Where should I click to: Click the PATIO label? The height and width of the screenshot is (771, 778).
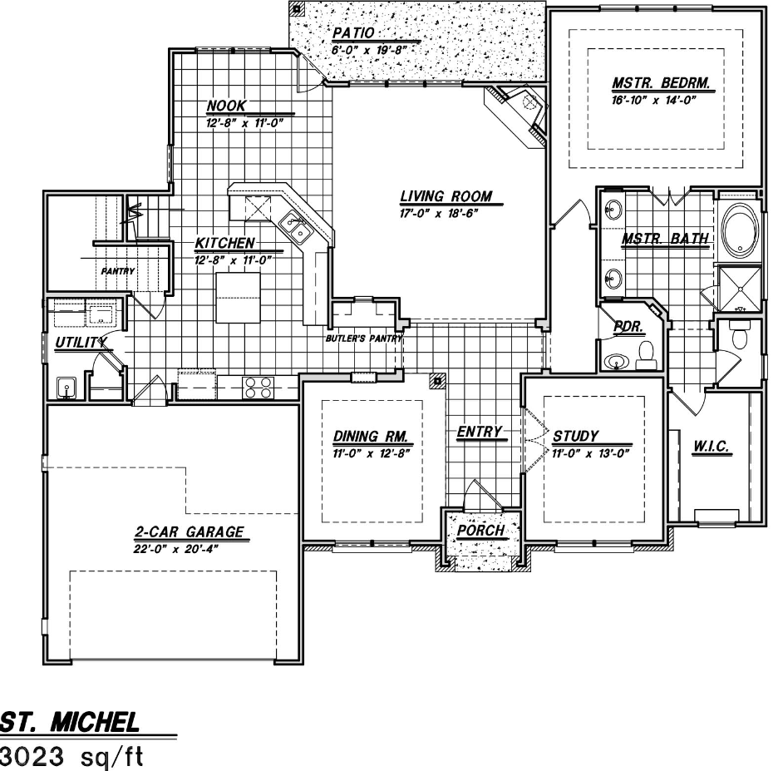[x=353, y=33]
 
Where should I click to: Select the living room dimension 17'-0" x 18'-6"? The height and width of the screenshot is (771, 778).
[x=439, y=214]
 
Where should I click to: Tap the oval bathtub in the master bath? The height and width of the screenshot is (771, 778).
[x=740, y=231]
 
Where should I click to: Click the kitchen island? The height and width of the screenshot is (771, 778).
[x=239, y=298]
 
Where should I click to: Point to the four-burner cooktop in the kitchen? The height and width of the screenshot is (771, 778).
[x=258, y=388]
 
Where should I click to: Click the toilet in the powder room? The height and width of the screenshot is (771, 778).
[x=646, y=356]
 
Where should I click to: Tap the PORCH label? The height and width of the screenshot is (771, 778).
[x=480, y=530]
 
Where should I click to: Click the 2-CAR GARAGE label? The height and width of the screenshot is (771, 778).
[x=190, y=531]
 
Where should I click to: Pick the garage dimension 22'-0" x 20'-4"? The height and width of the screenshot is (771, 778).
[x=175, y=549]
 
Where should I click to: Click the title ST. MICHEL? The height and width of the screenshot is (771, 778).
[x=70, y=723]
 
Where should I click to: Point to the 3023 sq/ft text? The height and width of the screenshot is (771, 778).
[x=71, y=757]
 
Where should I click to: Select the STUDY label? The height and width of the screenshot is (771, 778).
[x=575, y=436]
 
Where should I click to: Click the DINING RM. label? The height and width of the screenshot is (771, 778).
[x=371, y=437]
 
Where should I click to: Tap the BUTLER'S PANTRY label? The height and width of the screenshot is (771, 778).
[x=364, y=339]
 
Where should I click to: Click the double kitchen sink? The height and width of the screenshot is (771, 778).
[x=293, y=226]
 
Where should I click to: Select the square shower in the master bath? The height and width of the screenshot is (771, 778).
[x=740, y=289]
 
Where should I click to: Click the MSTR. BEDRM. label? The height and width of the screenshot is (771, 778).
[x=661, y=83]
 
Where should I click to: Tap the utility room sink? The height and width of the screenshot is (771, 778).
[x=66, y=388]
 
